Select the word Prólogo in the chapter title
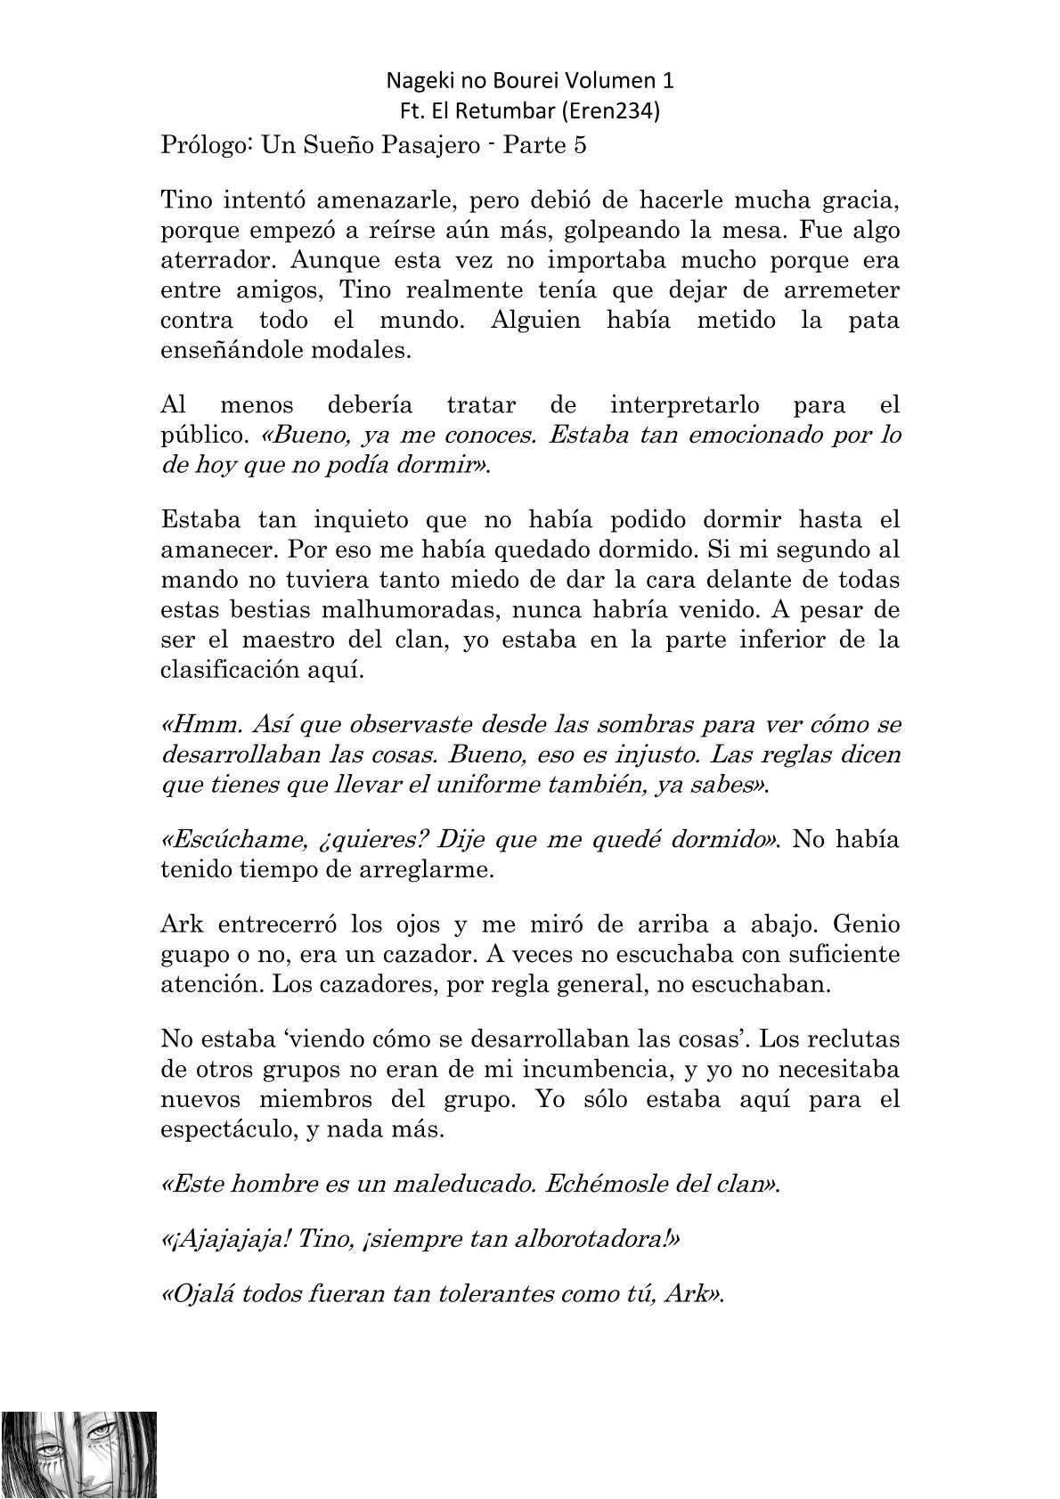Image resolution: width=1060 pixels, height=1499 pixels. pos(203,146)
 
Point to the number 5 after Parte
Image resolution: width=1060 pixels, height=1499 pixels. pos(580,146)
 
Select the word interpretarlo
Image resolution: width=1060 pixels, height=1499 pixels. pos(684,405)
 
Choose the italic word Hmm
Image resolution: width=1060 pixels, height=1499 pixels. pos(192,724)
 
